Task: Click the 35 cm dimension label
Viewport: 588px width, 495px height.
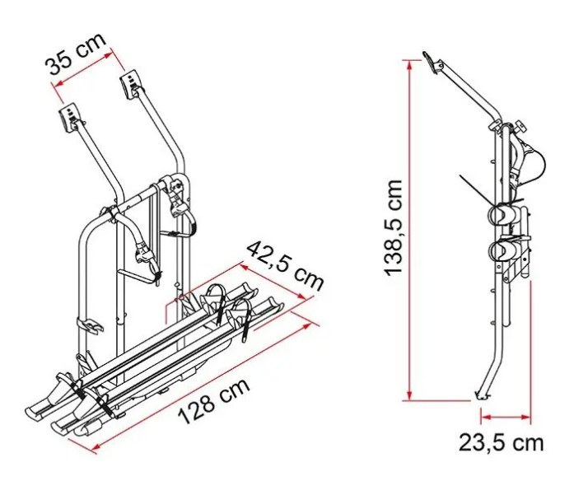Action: click(x=76, y=55)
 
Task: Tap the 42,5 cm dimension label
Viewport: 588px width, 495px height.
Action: click(x=286, y=266)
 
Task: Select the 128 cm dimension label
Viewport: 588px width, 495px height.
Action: click(x=213, y=401)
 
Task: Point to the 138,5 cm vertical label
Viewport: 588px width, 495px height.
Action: click(x=394, y=228)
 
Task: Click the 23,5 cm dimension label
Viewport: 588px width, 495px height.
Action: click(x=501, y=443)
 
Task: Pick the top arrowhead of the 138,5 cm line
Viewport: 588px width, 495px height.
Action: click(x=411, y=65)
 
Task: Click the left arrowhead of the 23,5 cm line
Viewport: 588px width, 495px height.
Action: click(x=487, y=416)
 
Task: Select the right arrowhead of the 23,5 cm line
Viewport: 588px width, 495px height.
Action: click(x=525, y=416)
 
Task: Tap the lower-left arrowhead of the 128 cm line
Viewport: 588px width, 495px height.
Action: click(x=96, y=446)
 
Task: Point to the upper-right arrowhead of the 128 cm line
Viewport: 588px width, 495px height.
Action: click(x=306, y=325)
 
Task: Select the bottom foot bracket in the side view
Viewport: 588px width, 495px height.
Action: click(x=482, y=395)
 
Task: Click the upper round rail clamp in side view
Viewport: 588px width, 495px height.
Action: click(x=500, y=215)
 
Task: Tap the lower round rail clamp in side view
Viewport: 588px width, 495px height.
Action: click(x=500, y=250)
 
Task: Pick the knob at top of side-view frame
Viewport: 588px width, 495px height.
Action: click(x=520, y=126)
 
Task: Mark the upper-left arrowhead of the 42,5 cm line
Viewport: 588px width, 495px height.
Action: click(x=245, y=267)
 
